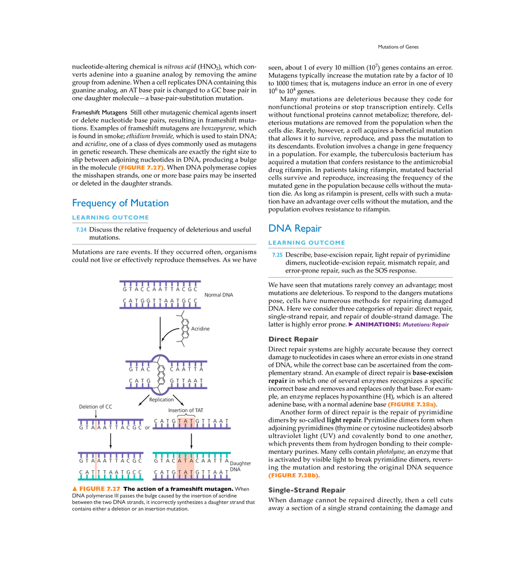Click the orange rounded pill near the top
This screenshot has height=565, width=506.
[141, 168]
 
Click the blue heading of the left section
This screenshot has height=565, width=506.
[120, 203]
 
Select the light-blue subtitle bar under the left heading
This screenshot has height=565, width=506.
[110, 218]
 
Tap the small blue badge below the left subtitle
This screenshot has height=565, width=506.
[80, 230]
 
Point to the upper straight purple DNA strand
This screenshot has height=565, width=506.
[159, 280]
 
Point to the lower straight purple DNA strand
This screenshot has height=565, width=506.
[159, 308]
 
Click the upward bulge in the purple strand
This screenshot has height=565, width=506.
[160, 356]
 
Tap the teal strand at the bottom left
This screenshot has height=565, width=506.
[110, 477]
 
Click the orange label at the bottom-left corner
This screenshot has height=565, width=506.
[95, 488]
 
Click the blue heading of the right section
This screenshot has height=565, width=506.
[293, 229]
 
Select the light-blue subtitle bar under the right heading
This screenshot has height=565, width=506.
[307, 243]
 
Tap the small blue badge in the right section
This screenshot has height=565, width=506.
[278, 255]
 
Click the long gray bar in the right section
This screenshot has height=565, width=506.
[361, 278]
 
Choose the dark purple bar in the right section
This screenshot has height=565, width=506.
[398, 326]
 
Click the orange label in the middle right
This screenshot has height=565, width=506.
[411, 405]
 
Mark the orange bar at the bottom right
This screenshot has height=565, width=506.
[292, 476]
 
